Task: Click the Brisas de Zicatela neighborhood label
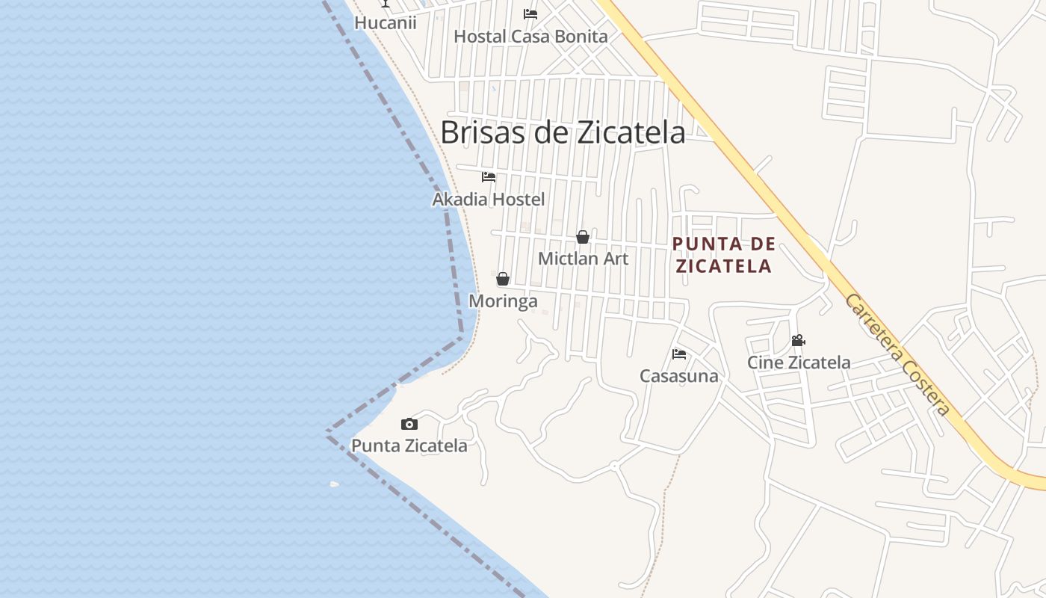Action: tap(563, 132)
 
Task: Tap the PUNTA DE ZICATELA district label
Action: tap(722, 255)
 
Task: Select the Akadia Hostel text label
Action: tap(489, 200)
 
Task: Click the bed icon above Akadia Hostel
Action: tap(489, 177)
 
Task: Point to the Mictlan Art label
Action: tap(584, 259)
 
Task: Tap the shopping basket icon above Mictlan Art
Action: tap(583, 237)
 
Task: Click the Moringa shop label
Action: tap(503, 300)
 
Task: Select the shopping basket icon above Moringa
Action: tap(503, 279)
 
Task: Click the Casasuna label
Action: tap(678, 376)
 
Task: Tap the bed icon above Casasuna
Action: tap(679, 354)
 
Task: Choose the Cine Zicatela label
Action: tap(799, 363)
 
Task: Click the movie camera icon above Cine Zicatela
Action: tap(798, 341)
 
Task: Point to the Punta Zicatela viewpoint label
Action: tap(409, 446)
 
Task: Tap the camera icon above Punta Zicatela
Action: tap(409, 425)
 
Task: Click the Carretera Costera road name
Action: tap(897, 355)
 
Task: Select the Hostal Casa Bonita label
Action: tap(530, 36)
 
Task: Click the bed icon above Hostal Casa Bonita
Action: tap(530, 13)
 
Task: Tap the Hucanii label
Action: tap(385, 22)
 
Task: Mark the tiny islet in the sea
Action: tap(335, 484)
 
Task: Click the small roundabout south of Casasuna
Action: tap(614, 466)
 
